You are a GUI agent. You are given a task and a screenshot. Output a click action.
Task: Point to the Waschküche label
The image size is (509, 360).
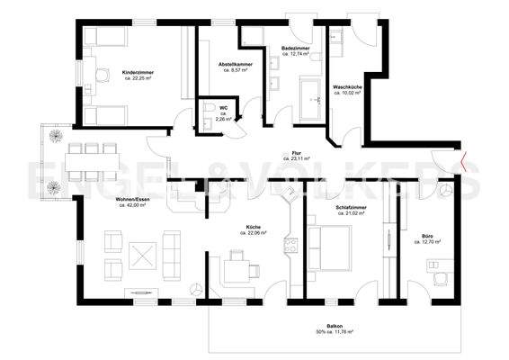pos(345,86)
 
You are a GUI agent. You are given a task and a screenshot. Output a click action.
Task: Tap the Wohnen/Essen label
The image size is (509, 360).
pos(132,200)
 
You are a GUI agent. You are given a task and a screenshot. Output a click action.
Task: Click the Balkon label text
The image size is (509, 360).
pos(334,327)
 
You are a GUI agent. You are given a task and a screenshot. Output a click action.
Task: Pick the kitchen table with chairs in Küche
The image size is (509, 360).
pos(239,266)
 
